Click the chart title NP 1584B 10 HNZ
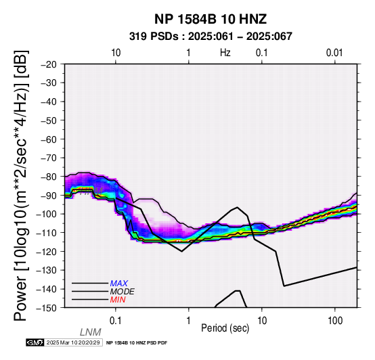click(211, 19)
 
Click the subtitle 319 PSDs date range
click(211, 37)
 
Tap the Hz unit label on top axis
click(225, 53)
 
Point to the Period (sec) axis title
click(225, 328)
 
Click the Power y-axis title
click(21, 185)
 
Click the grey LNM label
click(91, 332)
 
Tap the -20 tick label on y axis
click(49, 64)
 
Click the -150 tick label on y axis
click(47, 308)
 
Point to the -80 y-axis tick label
click(49, 177)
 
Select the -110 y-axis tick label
click(47, 233)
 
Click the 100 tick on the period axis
click(335, 321)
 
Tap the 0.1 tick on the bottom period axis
click(116, 321)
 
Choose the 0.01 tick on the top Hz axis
click(334, 53)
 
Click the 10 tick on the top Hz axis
click(116, 53)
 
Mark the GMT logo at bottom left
click(35, 342)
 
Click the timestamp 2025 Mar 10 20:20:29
click(73, 342)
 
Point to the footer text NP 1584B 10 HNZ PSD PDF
click(137, 343)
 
